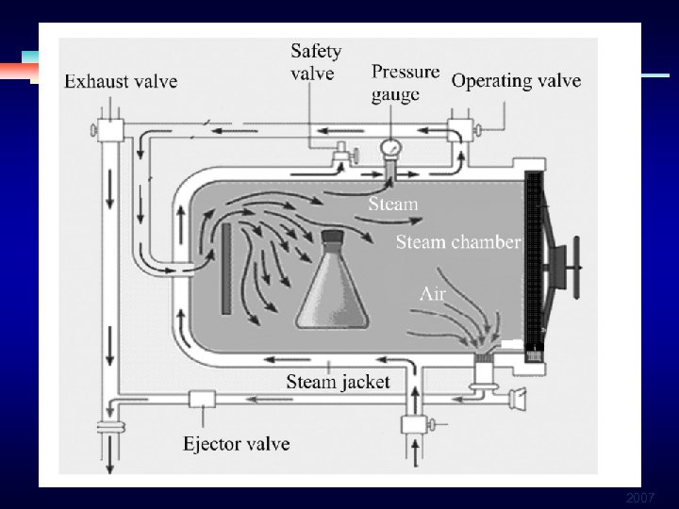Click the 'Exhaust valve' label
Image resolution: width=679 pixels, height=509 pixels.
[121, 81]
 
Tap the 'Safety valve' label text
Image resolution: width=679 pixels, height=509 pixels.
[315, 61]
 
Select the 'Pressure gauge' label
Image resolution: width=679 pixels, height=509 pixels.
[405, 83]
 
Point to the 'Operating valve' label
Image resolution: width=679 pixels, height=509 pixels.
[516, 80]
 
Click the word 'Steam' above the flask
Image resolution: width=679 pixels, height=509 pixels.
[392, 204]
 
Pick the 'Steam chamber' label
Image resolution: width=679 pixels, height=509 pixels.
[457, 242]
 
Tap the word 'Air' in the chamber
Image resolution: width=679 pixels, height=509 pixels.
[432, 294]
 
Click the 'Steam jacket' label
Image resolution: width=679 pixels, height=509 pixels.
[338, 382]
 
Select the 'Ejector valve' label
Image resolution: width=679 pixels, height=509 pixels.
[236, 443]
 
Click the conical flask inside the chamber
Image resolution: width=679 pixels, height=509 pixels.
[335, 287]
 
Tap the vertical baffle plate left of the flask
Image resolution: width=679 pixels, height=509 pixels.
[226, 269]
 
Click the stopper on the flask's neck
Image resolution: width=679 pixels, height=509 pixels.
[333, 237]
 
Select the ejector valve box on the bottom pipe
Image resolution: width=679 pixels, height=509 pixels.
[203, 399]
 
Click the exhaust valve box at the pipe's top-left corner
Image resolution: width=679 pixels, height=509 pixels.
[110, 128]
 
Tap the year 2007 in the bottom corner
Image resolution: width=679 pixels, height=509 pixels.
[641, 497]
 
